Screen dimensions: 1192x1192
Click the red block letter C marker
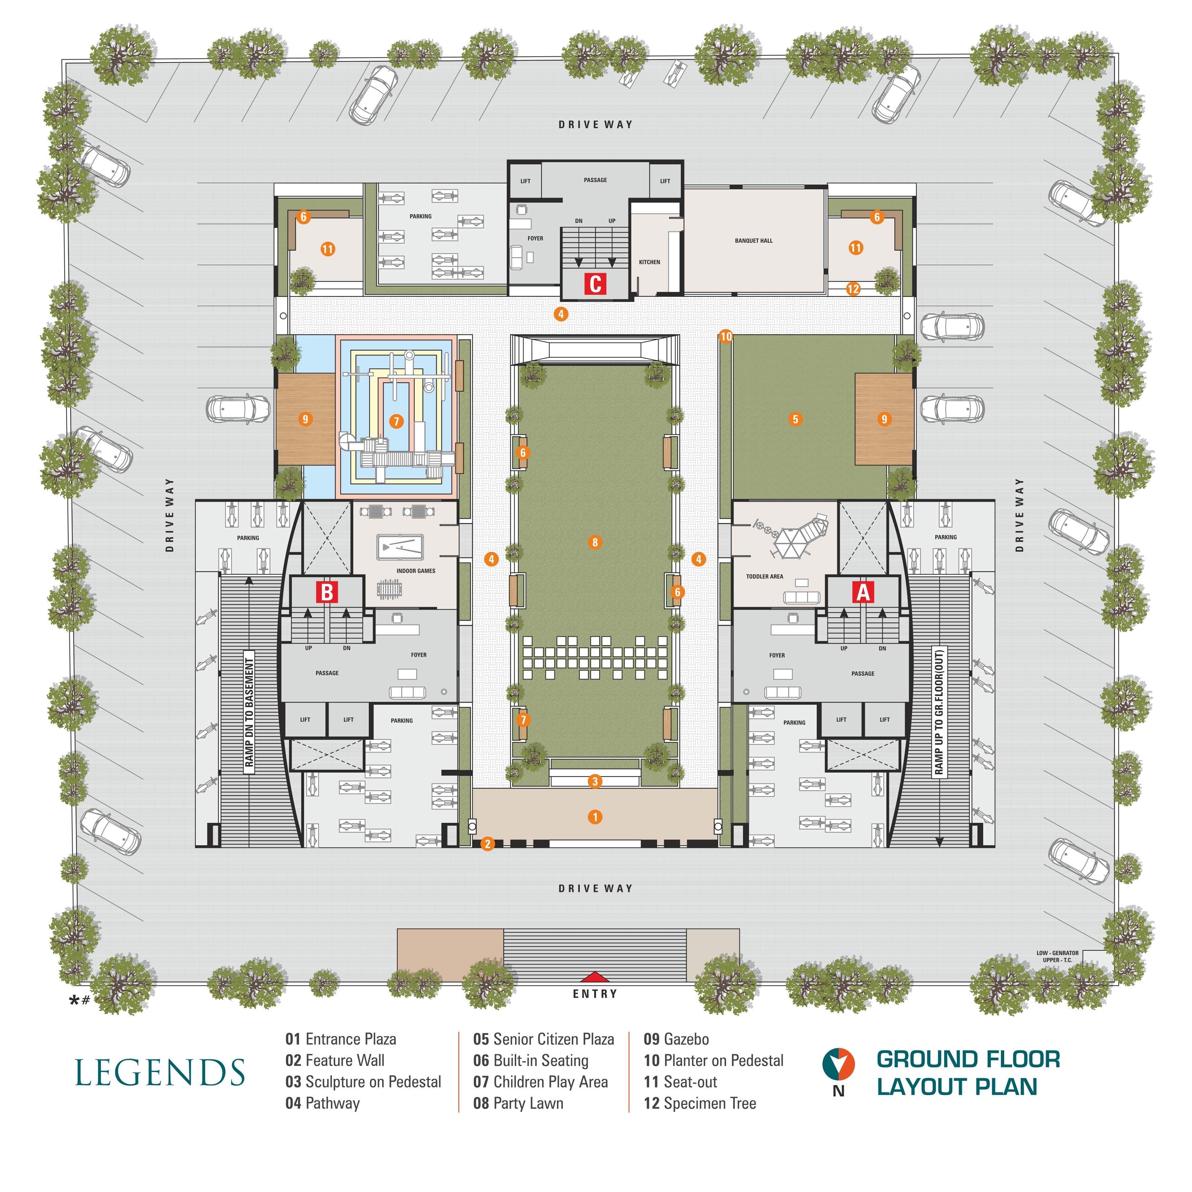coord(595,284)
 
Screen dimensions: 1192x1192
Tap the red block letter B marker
coord(327,592)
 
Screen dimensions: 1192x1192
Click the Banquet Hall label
coord(753,241)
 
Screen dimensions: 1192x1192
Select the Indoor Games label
coord(416,571)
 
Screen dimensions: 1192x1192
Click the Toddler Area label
coord(764,576)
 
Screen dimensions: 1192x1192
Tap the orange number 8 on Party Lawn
coord(595,542)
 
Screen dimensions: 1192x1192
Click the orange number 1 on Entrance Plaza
coord(595,817)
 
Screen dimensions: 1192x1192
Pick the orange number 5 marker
coord(795,419)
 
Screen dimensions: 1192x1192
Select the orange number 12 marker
coord(853,289)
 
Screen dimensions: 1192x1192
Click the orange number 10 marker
coord(726,336)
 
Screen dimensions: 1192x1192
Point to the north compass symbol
coord(838,1064)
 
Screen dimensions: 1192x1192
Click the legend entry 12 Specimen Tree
coord(700,1103)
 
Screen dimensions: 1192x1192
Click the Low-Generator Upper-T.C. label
coord(1058,956)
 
